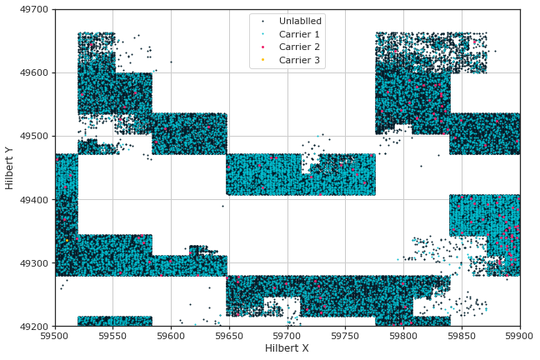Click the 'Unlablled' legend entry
click(300, 21)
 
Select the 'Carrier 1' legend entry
click(299, 34)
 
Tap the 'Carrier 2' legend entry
click(299, 47)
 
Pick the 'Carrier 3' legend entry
click(299, 61)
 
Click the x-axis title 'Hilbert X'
click(287, 348)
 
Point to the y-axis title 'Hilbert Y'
click(10, 167)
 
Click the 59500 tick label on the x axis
click(55, 336)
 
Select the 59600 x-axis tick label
click(171, 336)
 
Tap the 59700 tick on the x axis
click(287, 336)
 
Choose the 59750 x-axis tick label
click(346, 336)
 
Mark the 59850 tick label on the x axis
click(462, 336)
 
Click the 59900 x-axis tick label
click(519, 336)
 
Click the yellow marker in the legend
click(263, 61)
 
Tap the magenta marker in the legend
click(263, 47)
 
